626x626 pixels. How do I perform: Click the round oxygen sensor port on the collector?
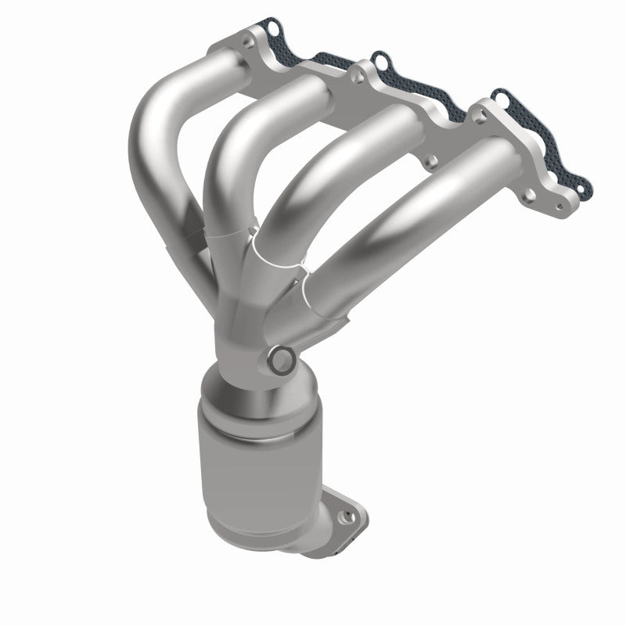point(281,360)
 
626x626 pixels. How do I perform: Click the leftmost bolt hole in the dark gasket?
point(272,29)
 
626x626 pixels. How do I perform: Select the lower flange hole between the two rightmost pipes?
point(429,164)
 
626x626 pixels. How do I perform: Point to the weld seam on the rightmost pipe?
point(313,297)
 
